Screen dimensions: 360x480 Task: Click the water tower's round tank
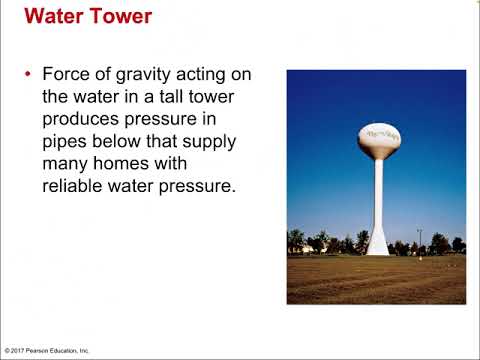click(x=380, y=140)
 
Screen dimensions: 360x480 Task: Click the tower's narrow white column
click(x=379, y=200)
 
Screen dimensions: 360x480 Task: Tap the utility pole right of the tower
click(x=419, y=240)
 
